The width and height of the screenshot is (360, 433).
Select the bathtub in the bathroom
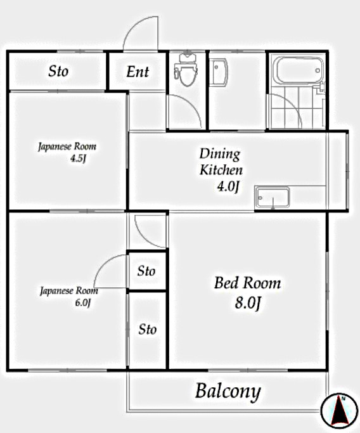point(297,72)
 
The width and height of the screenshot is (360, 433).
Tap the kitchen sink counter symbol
point(272,198)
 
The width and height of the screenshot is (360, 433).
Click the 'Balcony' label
point(228,391)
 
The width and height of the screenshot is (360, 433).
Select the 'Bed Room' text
point(247,283)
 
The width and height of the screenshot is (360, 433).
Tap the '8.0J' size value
point(248,303)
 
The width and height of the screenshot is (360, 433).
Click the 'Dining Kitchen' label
point(221,162)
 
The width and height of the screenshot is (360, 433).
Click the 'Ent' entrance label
point(138,72)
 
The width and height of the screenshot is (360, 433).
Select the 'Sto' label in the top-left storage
point(58,71)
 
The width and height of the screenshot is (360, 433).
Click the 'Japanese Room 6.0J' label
point(68,296)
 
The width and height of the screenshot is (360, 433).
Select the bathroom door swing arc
point(285,111)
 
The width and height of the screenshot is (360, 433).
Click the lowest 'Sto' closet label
point(148,330)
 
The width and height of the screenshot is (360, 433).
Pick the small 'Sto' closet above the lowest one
point(146,271)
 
